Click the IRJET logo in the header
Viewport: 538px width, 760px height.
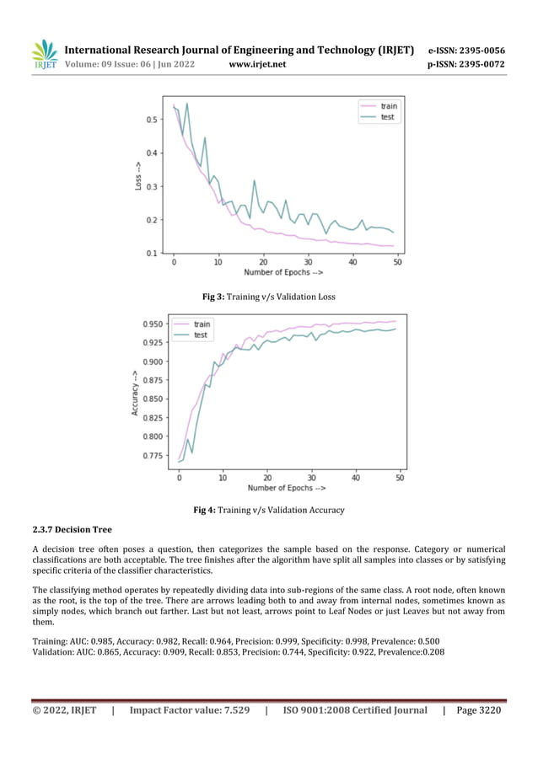(45, 55)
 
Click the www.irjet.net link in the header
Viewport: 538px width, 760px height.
(257, 64)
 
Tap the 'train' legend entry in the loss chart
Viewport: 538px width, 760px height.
(388, 106)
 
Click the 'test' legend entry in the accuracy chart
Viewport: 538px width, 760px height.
(200, 335)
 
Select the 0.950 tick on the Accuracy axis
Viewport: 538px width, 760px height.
(153, 324)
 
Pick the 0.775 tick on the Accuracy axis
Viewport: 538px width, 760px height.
(153, 456)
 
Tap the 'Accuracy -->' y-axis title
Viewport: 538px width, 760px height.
(135, 393)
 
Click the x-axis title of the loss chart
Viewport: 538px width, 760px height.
(283, 272)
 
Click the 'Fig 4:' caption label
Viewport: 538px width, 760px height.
(205, 510)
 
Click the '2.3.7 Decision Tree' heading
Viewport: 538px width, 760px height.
(72, 529)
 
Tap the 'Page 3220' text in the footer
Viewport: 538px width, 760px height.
(478, 710)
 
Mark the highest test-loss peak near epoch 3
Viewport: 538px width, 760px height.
(186, 104)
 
